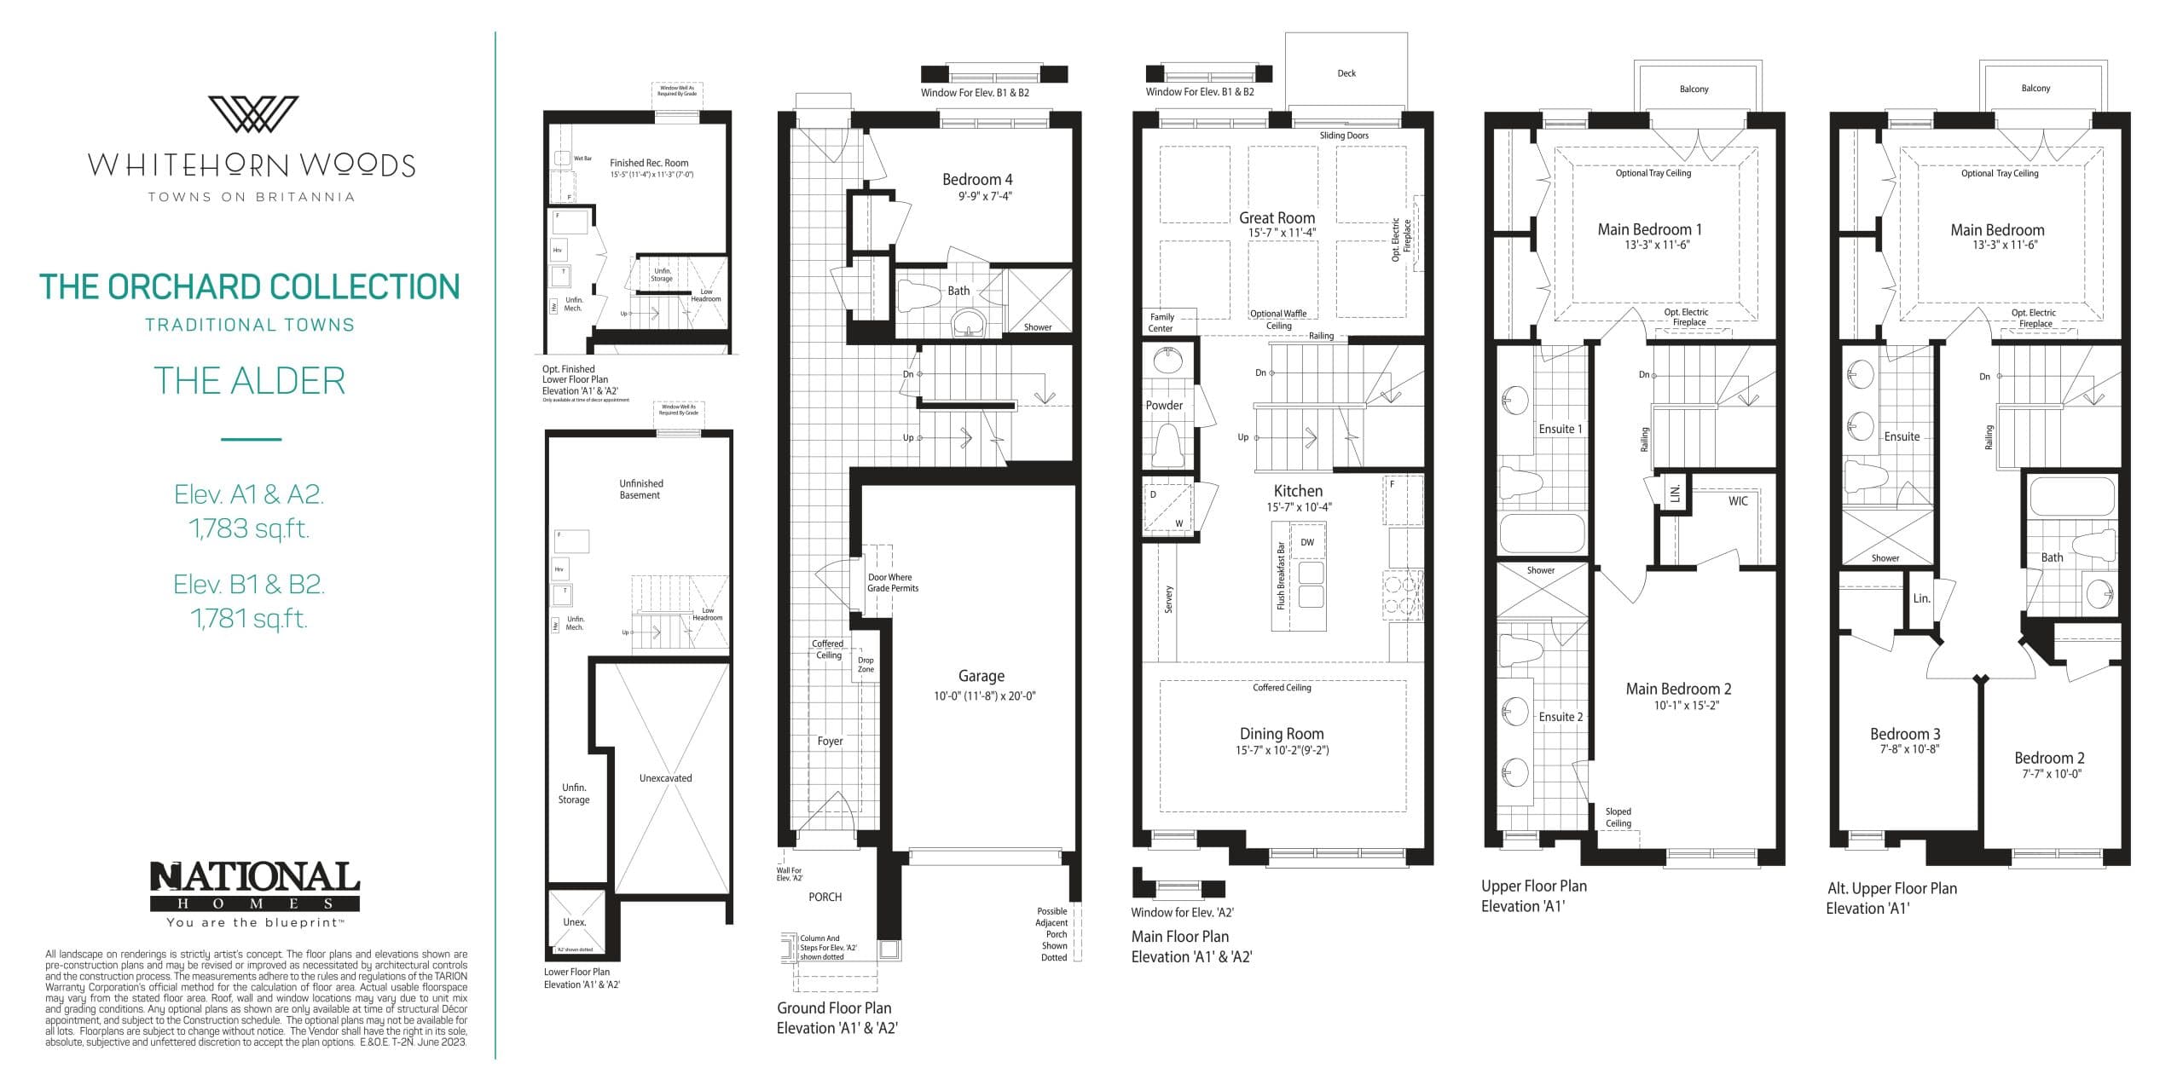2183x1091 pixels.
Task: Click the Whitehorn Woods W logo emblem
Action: [253, 114]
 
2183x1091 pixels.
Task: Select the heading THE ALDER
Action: [250, 381]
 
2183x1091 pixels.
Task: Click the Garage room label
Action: [981, 676]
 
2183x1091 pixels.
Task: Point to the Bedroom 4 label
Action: [977, 180]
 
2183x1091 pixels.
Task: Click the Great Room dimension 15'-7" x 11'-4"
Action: [1282, 233]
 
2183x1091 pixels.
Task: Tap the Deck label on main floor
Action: [1346, 73]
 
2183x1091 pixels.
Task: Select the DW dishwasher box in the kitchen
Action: [1307, 543]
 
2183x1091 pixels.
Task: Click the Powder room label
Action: [1164, 406]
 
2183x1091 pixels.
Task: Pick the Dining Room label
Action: [1282, 734]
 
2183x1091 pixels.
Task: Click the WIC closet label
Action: [1738, 501]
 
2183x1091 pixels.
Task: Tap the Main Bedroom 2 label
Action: [1678, 689]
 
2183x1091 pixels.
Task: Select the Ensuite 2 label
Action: [1561, 717]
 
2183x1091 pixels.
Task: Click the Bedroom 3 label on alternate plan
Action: [1905, 734]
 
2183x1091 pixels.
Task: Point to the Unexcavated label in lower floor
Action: [665, 778]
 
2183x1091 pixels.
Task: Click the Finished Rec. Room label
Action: [649, 163]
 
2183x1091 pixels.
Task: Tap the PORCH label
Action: [825, 897]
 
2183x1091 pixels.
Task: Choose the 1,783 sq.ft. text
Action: [249, 529]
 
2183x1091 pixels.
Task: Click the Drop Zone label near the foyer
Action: [866, 665]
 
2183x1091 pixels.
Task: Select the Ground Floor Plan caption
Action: [834, 1008]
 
